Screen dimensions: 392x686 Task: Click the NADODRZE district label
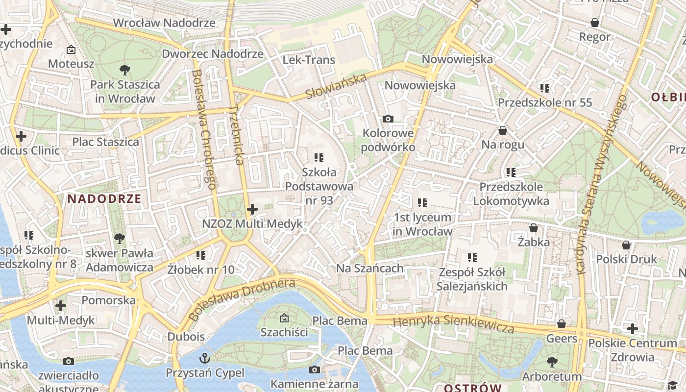pos(104,199)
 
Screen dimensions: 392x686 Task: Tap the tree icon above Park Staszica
pos(124,70)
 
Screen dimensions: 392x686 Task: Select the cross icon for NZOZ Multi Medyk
pos(252,210)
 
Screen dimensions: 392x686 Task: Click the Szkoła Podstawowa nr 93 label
pos(319,186)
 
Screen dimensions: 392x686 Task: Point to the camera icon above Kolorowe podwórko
pos(388,119)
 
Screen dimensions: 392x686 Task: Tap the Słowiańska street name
pos(336,86)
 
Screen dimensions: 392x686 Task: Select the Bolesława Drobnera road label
pos(242,299)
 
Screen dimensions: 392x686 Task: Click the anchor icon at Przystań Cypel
pos(204,358)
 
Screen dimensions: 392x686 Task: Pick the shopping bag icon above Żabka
pos(534,228)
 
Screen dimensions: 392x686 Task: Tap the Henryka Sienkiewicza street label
pos(453,324)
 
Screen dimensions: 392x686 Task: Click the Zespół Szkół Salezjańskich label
pos(472,279)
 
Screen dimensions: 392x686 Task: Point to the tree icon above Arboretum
pos(552,362)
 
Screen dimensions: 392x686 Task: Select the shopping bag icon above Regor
pos(595,23)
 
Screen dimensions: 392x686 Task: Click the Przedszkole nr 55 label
pos(545,103)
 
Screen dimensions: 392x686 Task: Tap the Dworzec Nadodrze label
pos(213,54)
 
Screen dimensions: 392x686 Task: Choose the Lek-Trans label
pos(309,60)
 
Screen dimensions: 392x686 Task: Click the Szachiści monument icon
pos(284,318)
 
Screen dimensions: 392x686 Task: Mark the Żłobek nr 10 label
pos(201,269)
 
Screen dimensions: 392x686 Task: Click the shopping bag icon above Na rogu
pos(503,130)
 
